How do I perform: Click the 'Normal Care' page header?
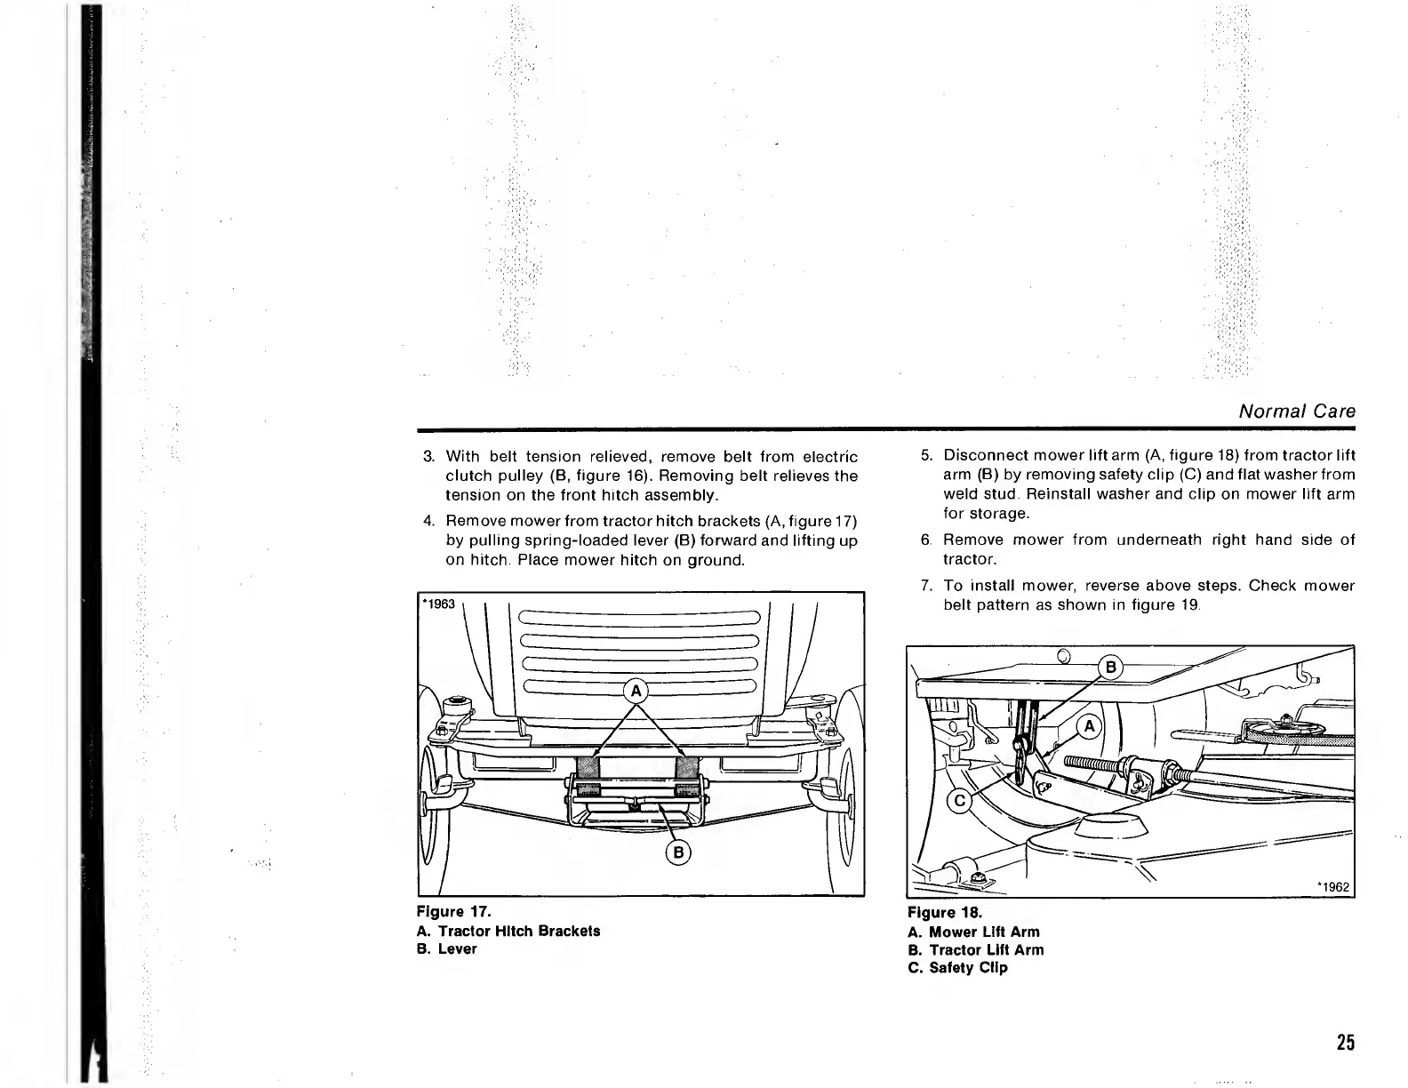click(x=1297, y=412)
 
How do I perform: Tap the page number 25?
click(x=1345, y=1043)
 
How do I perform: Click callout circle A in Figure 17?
click(x=636, y=691)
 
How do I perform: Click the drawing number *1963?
click(x=438, y=604)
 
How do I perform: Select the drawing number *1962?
click(x=1332, y=886)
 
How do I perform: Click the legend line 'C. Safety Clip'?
click(x=957, y=968)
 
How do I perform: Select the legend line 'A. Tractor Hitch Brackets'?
click(x=508, y=931)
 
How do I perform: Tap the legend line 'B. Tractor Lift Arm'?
click(x=975, y=949)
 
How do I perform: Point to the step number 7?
click(x=925, y=586)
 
